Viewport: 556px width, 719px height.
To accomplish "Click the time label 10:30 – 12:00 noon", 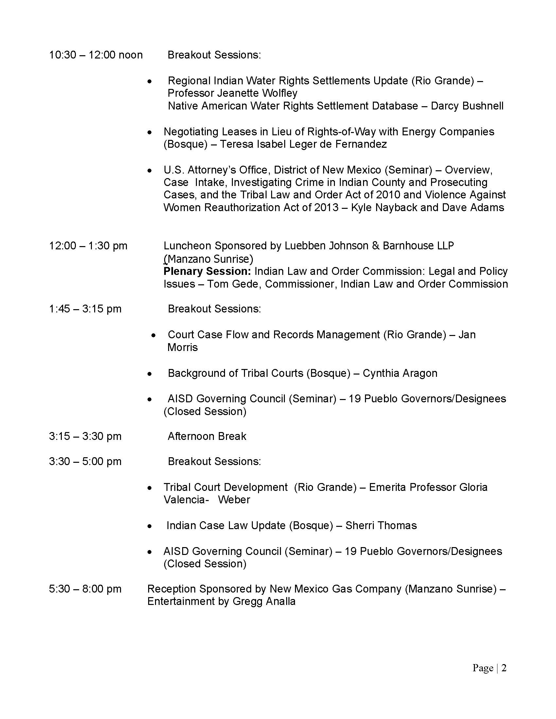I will point(96,55).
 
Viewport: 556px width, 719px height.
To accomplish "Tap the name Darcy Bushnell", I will point(467,106).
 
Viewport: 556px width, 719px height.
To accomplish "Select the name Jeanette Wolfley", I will point(257,93).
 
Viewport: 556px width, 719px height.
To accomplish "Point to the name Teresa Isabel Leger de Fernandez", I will point(303,144).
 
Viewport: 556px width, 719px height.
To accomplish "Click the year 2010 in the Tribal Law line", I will point(388,195).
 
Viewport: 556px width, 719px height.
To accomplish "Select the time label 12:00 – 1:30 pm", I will point(88,246).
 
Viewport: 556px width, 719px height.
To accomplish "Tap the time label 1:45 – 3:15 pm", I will point(85,309).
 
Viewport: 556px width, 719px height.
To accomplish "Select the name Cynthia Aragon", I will point(400,373).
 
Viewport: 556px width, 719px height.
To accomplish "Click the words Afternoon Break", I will point(207,437).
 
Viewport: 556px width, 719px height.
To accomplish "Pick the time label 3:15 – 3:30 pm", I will point(85,437).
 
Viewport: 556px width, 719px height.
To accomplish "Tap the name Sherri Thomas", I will point(381,526).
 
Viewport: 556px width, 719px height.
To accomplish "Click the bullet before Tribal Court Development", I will point(150,488).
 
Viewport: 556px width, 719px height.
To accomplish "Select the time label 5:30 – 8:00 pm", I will point(85,589).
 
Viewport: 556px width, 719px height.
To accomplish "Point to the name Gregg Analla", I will point(264,601).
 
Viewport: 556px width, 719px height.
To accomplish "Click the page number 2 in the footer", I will point(504,668).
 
